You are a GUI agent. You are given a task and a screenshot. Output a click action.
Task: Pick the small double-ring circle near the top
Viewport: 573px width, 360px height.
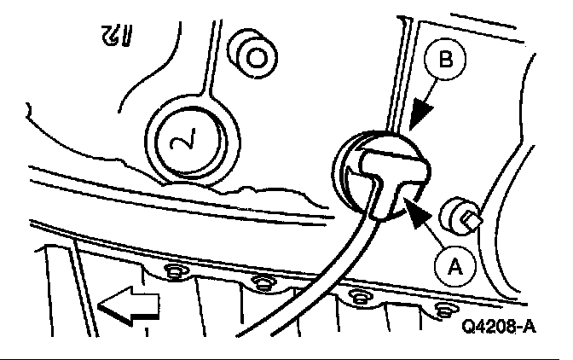click(x=254, y=56)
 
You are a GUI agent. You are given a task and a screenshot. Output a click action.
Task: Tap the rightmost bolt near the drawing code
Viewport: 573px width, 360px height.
click(x=443, y=308)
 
